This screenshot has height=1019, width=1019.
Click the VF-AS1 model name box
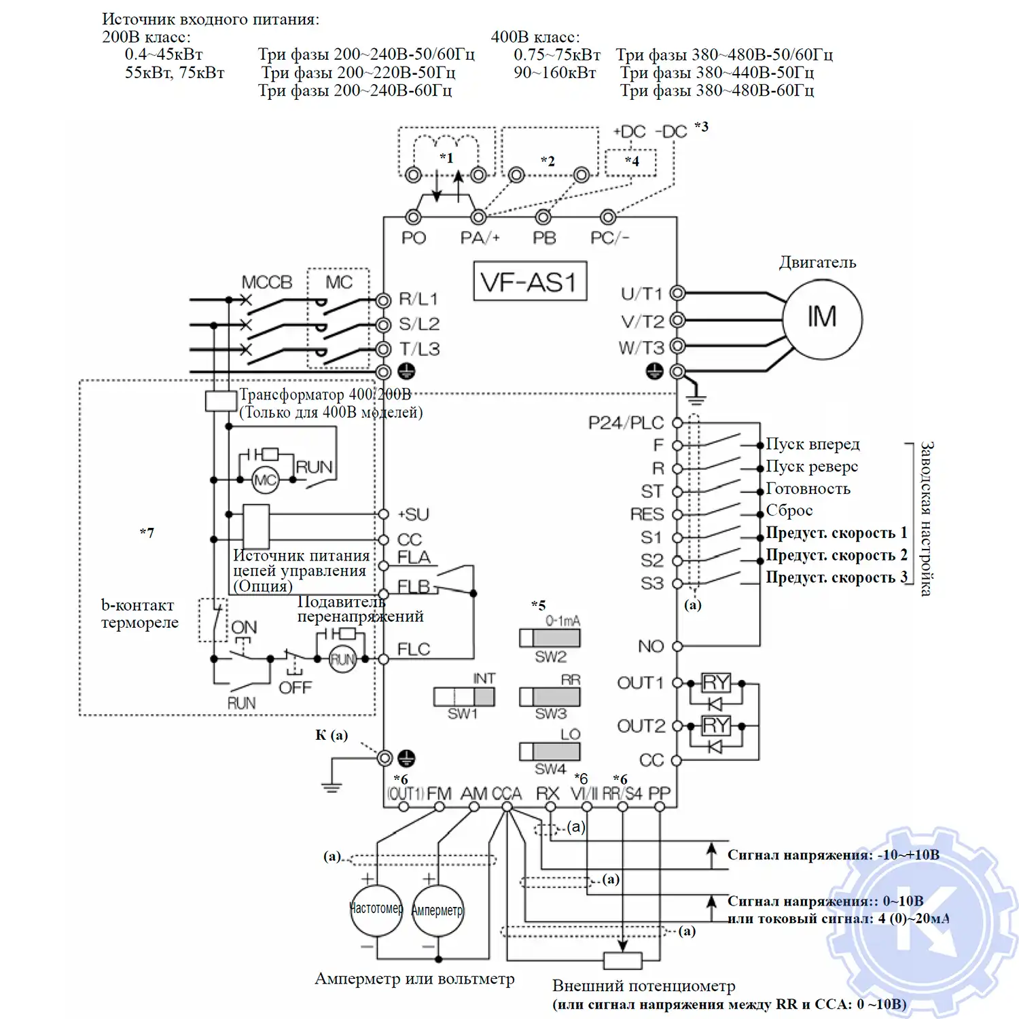tap(529, 281)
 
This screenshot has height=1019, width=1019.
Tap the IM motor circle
tap(822, 318)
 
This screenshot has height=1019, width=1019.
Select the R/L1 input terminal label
tap(418, 299)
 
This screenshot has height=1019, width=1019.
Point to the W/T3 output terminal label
tap(641, 348)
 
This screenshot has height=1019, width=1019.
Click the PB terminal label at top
tap(544, 238)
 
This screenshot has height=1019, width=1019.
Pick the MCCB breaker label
tap(266, 282)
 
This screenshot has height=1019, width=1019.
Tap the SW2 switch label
tap(550, 657)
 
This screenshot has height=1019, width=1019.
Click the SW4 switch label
tap(550, 769)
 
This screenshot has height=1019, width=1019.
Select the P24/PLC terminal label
tap(625, 423)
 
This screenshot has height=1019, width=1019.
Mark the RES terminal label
tap(647, 514)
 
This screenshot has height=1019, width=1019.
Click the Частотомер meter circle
tap(376, 910)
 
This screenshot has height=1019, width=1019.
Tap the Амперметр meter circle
tap(437, 910)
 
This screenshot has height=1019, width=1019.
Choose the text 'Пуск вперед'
tap(812, 444)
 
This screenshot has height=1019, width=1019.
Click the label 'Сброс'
tap(789, 510)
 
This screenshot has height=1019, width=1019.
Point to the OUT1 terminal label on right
tap(639, 683)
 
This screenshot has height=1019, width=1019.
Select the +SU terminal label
tap(413, 514)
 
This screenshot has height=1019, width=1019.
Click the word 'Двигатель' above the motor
tap(817, 262)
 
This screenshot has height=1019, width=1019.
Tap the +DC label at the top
tap(629, 132)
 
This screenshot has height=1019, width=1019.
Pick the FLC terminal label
tap(413, 649)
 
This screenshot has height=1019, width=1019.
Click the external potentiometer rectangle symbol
tap(623, 960)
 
